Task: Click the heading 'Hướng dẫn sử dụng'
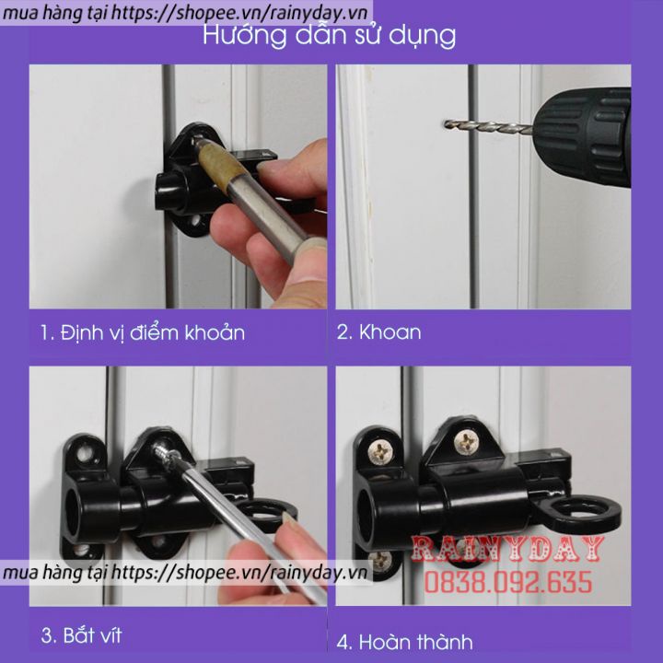pyautogui.click(x=329, y=36)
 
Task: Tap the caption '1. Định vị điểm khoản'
pyautogui.click(x=143, y=332)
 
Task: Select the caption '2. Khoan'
pyautogui.click(x=378, y=332)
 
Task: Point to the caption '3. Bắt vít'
pyautogui.click(x=81, y=635)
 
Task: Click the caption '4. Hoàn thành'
pyautogui.click(x=404, y=642)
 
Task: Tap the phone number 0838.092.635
pyautogui.click(x=507, y=582)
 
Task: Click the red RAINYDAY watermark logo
pyautogui.click(x=507, y=549)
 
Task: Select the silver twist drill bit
pyautogui.click(x=488, y=125)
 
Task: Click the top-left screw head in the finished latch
pyautogui.click(x=381, y=451)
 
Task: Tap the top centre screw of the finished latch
pyautogui.click(x=466, y=442)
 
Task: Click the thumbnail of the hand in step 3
pyautogui.click(x=289, y=518)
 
